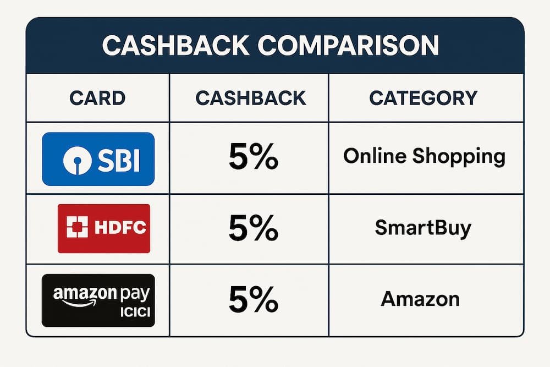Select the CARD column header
97,98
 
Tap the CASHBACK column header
251,98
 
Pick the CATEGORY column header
423,98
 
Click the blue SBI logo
98,159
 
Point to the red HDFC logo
104,228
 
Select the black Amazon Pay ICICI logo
98,300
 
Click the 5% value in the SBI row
252,158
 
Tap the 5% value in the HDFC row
252,228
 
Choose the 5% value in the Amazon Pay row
252,300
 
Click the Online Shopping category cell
424,157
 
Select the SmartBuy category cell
423,228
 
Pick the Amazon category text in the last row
420,299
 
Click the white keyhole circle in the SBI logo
76,160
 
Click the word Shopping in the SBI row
459,157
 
